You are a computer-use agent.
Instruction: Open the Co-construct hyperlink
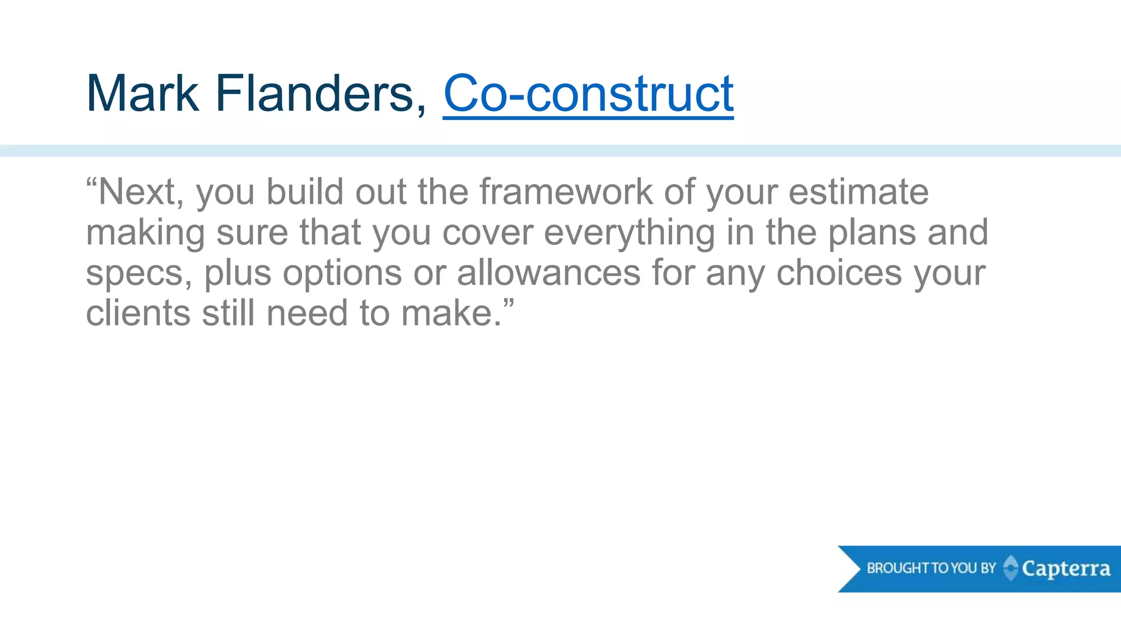click(x=588, y=94)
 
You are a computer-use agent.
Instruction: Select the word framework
click(x=566, y=192)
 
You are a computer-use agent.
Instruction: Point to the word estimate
click(x=858, y=192)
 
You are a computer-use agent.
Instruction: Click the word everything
click(x=629, y=233)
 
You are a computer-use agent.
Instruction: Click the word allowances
click(x=548, y=273)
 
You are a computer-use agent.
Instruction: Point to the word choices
click(x=839, y=273)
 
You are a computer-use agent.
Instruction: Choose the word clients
click(x=138, y=313)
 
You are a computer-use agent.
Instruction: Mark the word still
click(x=228, y=313)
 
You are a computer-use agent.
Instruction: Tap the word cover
click(x=487, y=233)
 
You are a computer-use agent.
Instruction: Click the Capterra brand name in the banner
click(x=1066, y=569)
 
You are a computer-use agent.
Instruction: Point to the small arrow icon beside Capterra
click(x=1010, y=567)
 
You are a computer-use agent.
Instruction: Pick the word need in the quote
click(x=307, y=313)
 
